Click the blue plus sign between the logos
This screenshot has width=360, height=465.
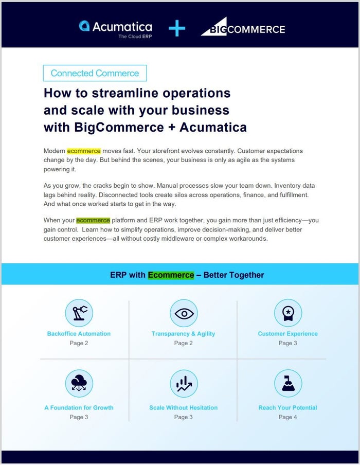(177, 28)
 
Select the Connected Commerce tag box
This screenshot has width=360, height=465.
(95, 73)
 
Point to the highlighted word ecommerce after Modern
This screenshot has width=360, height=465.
(84, 151)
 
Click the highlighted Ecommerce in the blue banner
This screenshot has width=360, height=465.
(171, 275)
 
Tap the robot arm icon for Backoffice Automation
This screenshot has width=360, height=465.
(79, 313)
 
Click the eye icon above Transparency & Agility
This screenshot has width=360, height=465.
(183, 313)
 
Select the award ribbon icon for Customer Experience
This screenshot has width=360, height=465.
(287, 313)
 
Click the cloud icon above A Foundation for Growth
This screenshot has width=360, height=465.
(79, 383)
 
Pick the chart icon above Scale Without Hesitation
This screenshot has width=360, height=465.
(183, 383)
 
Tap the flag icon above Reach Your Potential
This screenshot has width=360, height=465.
(287, 383)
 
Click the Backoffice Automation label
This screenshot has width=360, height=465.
(79, 334)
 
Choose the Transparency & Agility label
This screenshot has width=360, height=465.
(183, 334)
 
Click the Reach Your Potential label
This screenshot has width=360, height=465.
(287, 408)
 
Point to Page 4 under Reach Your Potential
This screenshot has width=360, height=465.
(287, 417)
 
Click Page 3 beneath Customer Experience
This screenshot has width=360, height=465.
(287, 343)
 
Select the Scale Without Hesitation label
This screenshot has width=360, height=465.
(183, 408)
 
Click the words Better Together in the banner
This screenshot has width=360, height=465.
(233, 275)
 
